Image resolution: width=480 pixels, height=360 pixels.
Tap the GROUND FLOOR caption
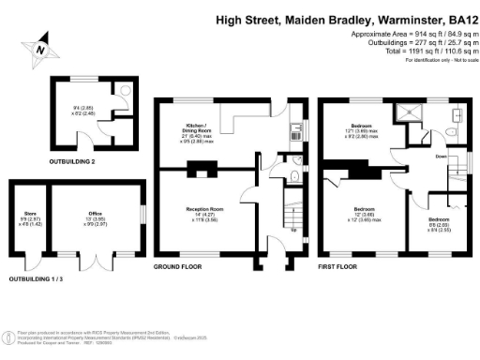pyautogui.click(x=179, y=267)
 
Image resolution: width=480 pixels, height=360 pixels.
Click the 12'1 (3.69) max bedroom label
pyautogui.click(x=362, y=131)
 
